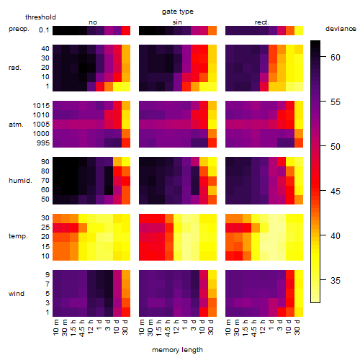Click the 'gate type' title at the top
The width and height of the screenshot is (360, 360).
tap(178, 12)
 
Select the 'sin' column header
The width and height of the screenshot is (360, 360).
tap(177, 22)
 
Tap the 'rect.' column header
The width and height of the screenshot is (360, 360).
tap(262, 22)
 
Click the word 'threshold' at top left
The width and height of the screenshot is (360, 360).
tap(40, 17)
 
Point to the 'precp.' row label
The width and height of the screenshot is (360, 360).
tap(19, 29)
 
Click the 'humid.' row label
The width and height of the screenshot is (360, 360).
tap(20, 181)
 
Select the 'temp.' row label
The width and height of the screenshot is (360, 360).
tap(18, 236)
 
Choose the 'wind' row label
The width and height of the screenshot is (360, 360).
tap(17, 294)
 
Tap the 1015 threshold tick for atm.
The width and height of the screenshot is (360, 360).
tap(41, 106)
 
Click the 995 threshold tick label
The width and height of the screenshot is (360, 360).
tap(43, 143)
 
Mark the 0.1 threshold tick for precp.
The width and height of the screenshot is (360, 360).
tap(44, 30)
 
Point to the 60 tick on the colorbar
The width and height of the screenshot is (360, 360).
tap(336, 58)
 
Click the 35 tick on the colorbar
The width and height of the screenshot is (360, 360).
tap(336, 280)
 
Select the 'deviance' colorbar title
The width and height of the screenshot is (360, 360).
tap(341, 29)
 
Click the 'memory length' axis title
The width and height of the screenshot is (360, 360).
tap(178, 350)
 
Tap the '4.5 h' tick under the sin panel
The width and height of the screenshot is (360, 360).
tap(168, 328)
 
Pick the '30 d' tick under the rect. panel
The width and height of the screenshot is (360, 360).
tap(297, 327)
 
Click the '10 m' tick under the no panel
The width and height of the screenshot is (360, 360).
tap(55, 327)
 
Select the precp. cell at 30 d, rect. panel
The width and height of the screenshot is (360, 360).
tap(299, 30)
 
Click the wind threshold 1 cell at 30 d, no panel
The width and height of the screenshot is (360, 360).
tap(126, 312)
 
